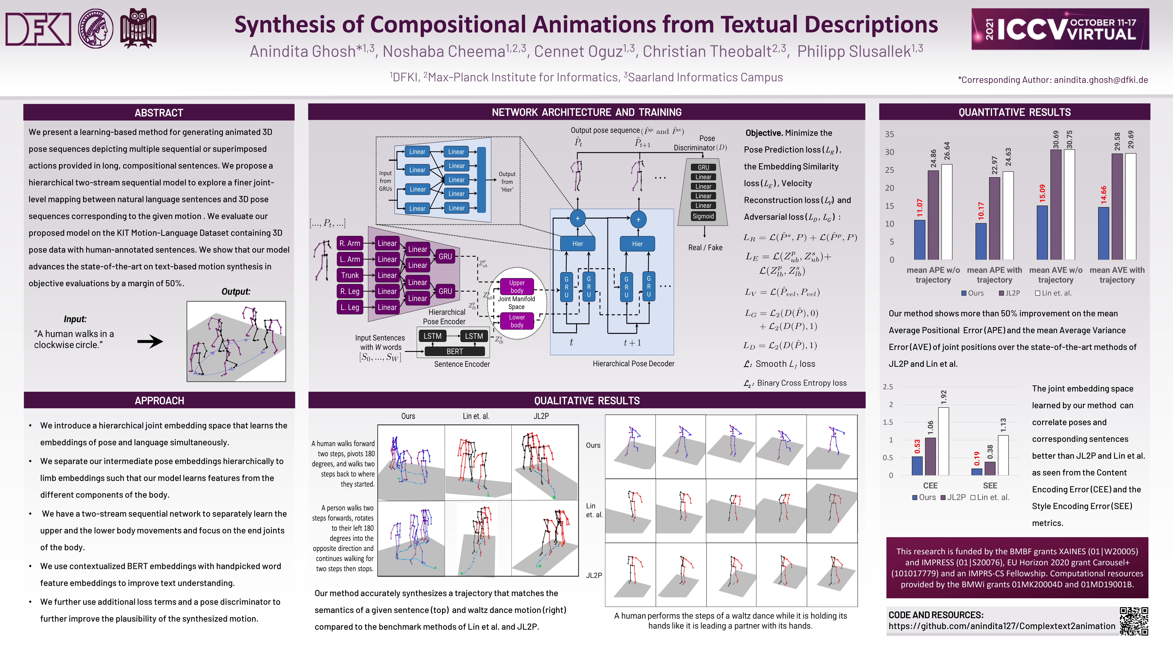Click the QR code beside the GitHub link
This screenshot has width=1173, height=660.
tap(1134, 621)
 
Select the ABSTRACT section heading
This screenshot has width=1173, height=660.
tap(159, 112)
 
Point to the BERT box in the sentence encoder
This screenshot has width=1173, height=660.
tap(454, 351)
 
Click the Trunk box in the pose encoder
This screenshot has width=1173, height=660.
tap(350, 275)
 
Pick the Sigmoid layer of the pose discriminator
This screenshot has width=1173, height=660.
tap(703, 216)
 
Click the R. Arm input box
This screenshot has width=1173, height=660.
tap(350, 243)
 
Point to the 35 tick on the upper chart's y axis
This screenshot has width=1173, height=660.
tap(889, 134)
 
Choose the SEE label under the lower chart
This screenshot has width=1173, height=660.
tap(990, 486)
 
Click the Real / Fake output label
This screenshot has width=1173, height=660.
tap(705, 247)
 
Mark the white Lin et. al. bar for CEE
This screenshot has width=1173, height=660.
tap(944, 441)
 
